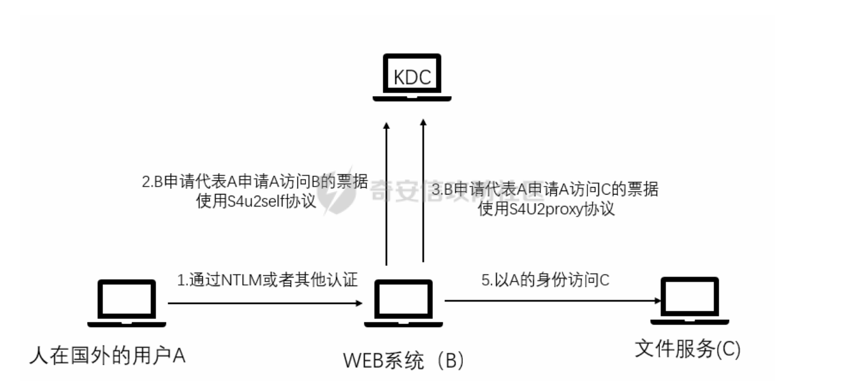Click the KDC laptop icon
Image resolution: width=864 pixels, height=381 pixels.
pyautogui.click(x=412, y=78)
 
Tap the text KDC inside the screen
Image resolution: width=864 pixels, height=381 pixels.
pyautogui.click(x=412, y=77)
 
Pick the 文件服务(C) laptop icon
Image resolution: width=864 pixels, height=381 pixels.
pyautogui.click(x=689, y=301)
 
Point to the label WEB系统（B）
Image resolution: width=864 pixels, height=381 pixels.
pyautogui.click(x=403, y=361)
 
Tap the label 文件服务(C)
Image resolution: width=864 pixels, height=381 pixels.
pyautogui.click(x=687, y=349)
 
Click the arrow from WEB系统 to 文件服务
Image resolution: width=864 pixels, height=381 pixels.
pyautogui.click(x=552, y=300)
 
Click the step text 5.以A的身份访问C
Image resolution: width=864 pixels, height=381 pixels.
pyautogui.click(x=545, y=280)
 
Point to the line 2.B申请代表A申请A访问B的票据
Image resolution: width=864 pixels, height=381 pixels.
pyautogui.click(x=255, y=183)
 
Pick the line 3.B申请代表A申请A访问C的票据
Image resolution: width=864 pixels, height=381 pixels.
pyautogui.click(x=546, y=189)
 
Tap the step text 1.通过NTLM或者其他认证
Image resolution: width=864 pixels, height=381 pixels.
pyautogui.click(x=267, y=280)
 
